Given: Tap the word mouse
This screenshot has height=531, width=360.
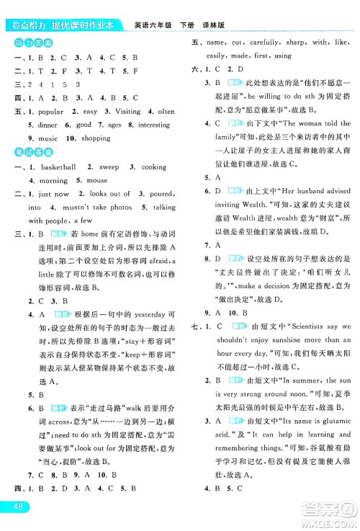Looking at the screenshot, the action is [97, 180].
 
